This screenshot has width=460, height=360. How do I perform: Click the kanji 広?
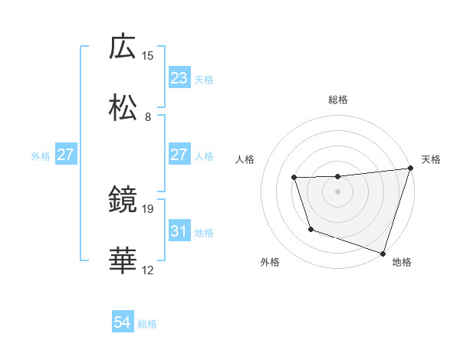[x=123, y=47]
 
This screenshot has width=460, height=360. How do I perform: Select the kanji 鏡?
[x=123, y=200]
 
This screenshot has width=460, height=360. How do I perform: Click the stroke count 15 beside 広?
[x=148, y=55]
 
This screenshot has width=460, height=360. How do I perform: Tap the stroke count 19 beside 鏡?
[x=148, y=208]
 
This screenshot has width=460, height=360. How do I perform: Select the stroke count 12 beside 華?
[x=148, y=270]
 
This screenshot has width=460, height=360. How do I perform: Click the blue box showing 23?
[x=179, y=78]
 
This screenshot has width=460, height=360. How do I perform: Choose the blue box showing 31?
[x=179, y=231]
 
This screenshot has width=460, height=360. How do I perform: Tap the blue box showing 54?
[x=123, y=323]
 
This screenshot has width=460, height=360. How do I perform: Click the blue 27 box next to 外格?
[x=65, y=155]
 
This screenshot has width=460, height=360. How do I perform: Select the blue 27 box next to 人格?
[x=179, y=155]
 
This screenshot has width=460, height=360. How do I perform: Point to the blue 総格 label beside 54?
[x=147, y=324]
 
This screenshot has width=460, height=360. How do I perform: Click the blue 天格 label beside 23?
[x=204, y=79]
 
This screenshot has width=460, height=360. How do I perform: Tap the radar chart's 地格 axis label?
[x=402, y=262]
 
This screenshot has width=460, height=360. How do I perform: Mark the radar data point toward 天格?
[x=410, y=169]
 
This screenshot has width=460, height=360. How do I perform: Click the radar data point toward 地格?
[x=383, y=253]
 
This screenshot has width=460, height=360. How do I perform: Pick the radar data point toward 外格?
[x=310, y=229]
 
